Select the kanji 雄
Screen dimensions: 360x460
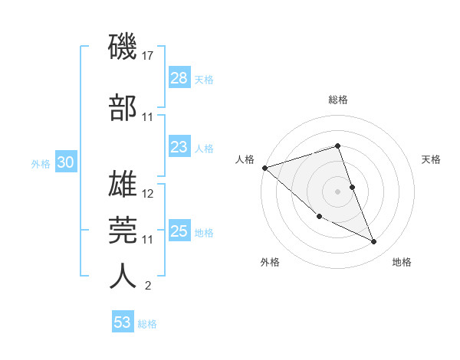coord(123,184)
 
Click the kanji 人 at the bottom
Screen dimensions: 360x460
coord(123,277)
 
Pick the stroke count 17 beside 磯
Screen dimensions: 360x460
coord(149,56)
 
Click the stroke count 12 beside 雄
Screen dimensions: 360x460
coord(149,194)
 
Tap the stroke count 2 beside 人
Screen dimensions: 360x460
coord(148,286)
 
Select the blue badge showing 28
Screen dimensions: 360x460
coord(179,78)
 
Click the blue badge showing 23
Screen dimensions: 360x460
coord(179,147)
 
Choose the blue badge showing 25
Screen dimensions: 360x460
coord(179,231)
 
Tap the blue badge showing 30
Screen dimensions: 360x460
coord(65,162)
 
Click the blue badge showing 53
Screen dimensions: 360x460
coord(122,322)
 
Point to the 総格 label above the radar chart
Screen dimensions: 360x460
coord(337,100)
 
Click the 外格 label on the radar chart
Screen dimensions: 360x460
coord(270,262)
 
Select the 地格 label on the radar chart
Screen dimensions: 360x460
coord(402,262)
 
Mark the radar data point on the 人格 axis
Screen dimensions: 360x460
coord(264,168)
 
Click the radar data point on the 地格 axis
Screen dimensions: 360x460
coord(374,242)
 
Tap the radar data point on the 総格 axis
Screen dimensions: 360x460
coord(337,146)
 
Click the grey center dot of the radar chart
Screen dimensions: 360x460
coord(337,191)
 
